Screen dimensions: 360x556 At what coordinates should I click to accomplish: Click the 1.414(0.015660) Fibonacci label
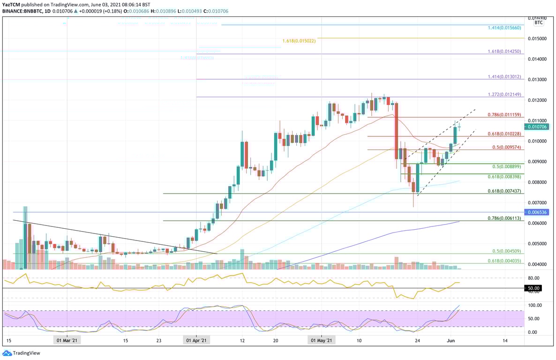(504, 28)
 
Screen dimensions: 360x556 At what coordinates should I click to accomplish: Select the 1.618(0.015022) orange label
(299, 41)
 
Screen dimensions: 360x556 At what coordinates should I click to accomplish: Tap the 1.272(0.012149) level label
(504, 94)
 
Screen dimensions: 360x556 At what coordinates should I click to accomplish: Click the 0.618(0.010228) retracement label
(504, 134)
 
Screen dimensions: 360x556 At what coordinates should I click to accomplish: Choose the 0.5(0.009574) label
(507, 147)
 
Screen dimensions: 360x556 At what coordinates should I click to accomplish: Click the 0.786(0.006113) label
(504, 218)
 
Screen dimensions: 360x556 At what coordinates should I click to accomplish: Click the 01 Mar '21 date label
(67, 341)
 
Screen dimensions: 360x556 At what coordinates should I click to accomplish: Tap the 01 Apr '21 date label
(196, 341)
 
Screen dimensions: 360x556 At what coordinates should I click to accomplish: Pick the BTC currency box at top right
(539, 22)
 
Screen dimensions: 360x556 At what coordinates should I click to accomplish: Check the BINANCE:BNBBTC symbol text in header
(21, 10)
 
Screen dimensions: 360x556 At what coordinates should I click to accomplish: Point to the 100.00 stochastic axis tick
(535, 305)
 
